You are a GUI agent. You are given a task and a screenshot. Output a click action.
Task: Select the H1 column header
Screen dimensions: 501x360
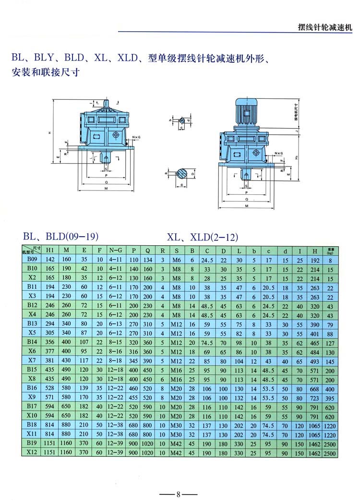[x=50, y=250]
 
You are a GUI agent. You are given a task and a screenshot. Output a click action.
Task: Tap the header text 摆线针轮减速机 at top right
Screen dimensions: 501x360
[x=325, y=26]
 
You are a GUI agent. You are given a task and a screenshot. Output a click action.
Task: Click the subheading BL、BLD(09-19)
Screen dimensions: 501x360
[x=61, y=236]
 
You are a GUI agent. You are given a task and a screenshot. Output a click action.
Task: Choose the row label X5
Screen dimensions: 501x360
[x=32, y=333]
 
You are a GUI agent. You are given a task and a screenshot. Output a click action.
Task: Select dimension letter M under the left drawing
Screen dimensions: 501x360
[x=105, y=188]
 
